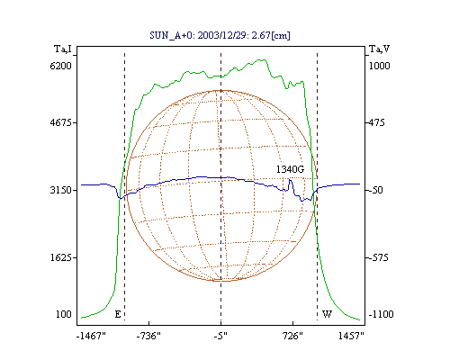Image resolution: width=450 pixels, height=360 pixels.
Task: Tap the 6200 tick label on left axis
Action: coord(60,66)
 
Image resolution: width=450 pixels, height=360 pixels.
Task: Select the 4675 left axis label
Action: coord(60,122)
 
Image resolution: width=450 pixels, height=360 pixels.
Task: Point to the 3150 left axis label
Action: coord(60,190)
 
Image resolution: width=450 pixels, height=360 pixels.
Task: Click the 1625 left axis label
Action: coord(60,257)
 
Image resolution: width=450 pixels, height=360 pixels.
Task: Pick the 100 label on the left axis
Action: coord(64,314)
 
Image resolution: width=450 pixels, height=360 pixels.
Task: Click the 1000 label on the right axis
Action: coord(379,66)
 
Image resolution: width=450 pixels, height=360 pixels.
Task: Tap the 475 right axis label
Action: coord(377,122)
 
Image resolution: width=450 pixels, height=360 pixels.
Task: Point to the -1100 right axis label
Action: coord(381,314)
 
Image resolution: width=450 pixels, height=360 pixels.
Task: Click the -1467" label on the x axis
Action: coord(91,336)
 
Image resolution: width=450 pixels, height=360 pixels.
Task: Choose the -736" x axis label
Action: coord(148,336)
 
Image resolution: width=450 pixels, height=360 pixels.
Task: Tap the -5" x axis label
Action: coord(220,336)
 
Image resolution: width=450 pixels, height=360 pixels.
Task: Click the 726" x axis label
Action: coord(292,336)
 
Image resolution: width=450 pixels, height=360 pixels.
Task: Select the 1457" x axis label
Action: coord(351,336)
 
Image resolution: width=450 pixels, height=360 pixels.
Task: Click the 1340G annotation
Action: coord(290,169)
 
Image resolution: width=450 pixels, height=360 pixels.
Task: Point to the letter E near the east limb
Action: coord(118,314)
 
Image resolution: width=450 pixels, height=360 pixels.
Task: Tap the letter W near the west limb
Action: coord(327,314)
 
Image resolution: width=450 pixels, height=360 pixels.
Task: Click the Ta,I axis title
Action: coord(63,49)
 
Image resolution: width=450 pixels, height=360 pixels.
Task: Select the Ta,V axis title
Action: coord(379,49)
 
